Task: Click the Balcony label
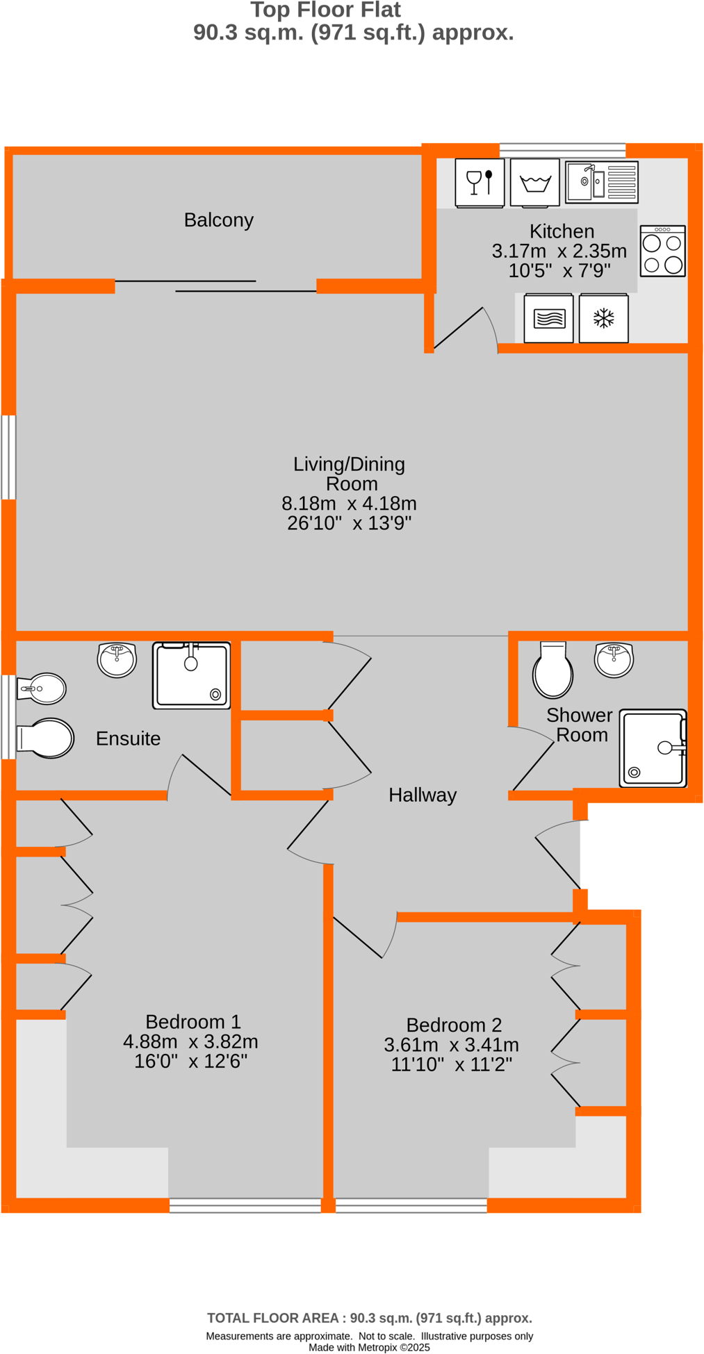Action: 218,220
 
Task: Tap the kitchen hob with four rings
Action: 662,251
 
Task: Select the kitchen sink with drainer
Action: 601,182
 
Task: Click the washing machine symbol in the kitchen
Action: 534,182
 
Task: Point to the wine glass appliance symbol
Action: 480,182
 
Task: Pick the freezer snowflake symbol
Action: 603,319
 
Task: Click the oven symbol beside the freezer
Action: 548,319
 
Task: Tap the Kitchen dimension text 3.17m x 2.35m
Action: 559,251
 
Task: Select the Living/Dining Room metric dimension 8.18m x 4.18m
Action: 349,503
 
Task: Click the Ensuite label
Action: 128,738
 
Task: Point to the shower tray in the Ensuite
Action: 191,675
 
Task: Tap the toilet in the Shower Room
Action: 552,670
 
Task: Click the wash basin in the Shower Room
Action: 614,659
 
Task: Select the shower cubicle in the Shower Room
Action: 653,748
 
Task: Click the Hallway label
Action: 422,795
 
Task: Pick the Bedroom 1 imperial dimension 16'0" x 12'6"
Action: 190,1061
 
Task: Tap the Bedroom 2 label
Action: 454,1025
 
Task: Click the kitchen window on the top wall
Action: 562,147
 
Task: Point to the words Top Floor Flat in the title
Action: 325,10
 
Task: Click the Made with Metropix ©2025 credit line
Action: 369,1347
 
